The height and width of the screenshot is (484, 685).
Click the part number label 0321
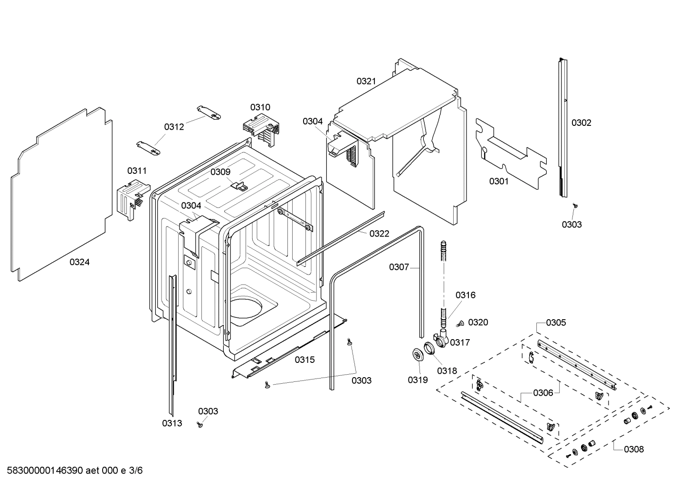[366, 81]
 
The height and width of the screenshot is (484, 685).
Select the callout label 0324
[79, 262]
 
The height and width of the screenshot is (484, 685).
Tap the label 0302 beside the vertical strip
[581, 123]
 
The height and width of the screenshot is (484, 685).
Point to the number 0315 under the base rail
[304, 360]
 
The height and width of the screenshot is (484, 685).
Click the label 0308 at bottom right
[634, 449]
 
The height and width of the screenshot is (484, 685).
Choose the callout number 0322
[379, 234]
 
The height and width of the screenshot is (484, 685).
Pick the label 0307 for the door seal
[399, 267]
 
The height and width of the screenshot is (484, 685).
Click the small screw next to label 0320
[460, 324]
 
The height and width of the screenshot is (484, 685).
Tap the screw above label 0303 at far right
[575, 206]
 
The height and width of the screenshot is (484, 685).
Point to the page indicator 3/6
[136, 471]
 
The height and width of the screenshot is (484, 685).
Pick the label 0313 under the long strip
[171, 423]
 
